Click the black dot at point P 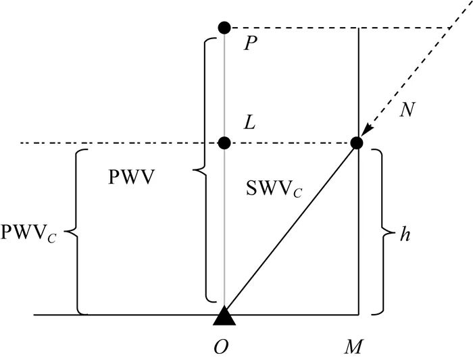point(224,28)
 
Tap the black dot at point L point(224,143)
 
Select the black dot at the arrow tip point(357,143)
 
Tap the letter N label point(407,109)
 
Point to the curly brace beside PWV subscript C point(77,232)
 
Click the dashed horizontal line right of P point(338,28)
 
